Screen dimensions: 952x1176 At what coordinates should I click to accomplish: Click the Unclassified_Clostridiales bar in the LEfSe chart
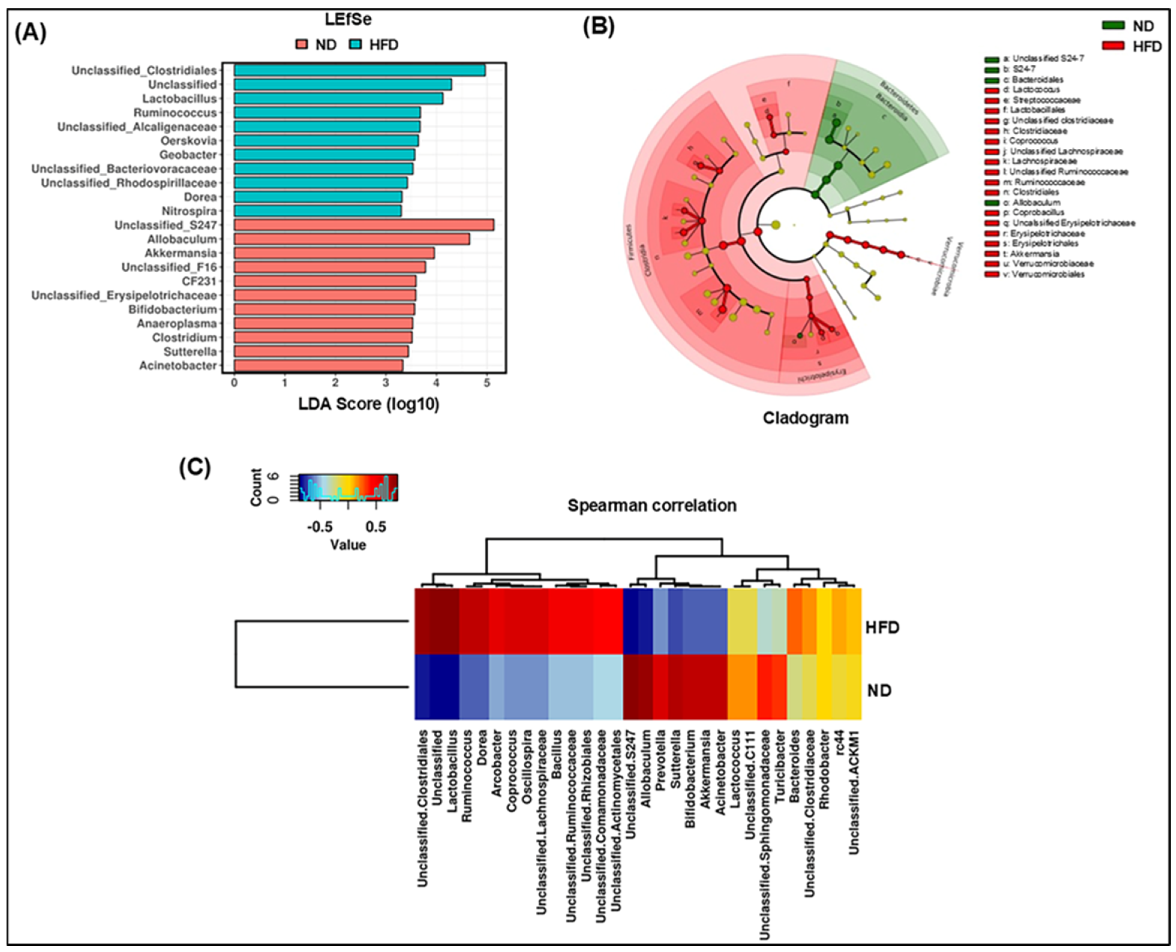click(359, 70)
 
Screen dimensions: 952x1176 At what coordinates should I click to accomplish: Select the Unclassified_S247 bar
click(364, 225)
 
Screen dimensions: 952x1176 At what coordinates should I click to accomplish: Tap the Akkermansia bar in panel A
click(334, 253)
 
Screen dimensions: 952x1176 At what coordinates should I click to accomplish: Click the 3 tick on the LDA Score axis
click(386, 382)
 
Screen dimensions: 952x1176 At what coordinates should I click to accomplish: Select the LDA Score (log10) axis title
click(369, 404)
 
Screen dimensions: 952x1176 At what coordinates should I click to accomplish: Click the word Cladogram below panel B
click(805, 418)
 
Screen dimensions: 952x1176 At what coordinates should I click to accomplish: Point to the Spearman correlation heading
click(652, 505)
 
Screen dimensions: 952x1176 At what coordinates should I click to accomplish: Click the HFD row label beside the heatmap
click(882, 627)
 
